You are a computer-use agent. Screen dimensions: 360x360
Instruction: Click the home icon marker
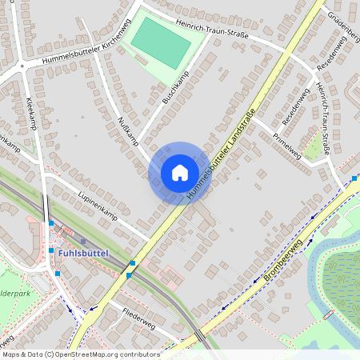click(x=179, y=173)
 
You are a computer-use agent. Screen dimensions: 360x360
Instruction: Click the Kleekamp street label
click(x=31, y=113)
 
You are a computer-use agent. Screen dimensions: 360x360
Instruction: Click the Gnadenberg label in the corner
click(x=342, y=24)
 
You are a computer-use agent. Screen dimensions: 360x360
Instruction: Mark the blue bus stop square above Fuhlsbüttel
click(x=51, y=223)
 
